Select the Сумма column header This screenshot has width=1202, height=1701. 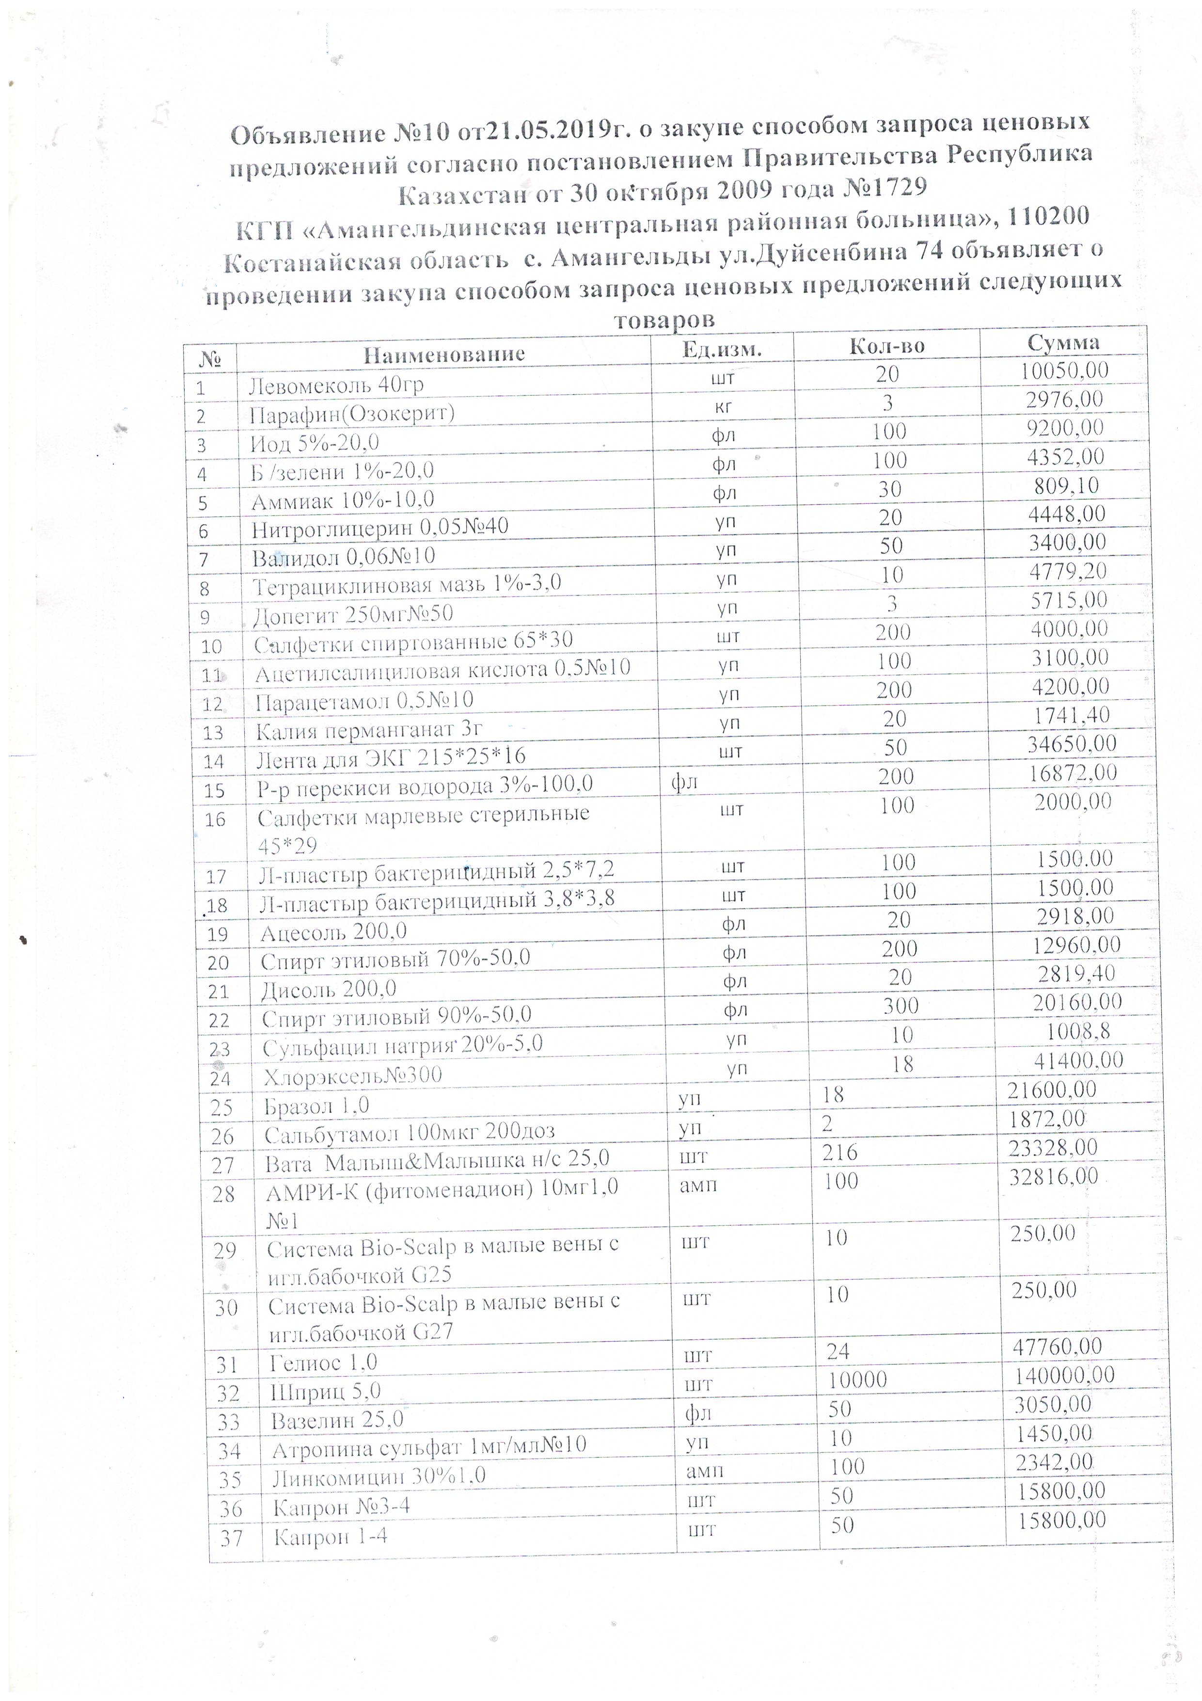click(x=1063, y=341)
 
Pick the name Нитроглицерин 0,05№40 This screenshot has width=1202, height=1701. click(x=380, y=528)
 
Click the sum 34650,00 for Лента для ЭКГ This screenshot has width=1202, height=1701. click(x=1072, y=743)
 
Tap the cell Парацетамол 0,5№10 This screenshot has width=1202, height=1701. click(x=364, y=700)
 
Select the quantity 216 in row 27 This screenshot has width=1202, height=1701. click(x=840, y=1152)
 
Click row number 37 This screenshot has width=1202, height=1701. click(x=232, y=1538)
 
